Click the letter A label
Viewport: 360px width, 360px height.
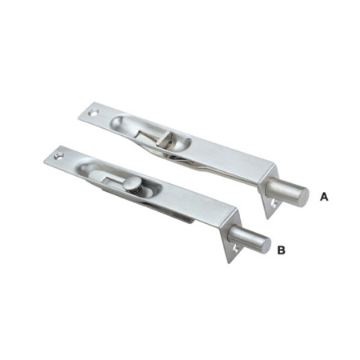click(x=323, y=195)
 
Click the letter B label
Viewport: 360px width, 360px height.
click(x=281, y=250)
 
